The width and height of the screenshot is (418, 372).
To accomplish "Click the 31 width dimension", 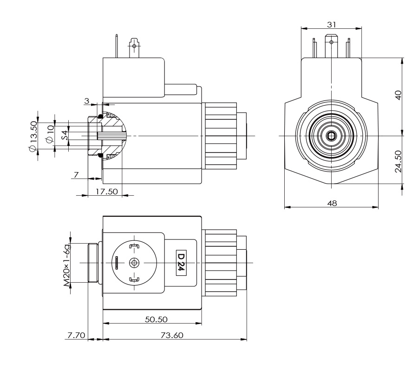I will coord(331,24).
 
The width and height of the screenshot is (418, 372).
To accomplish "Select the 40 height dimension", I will coord(398,96).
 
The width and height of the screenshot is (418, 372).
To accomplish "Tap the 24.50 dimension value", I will coord(398,160).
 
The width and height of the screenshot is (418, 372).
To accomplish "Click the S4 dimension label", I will coord(65,135).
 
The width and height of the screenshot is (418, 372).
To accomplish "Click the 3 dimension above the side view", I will coord(86,101).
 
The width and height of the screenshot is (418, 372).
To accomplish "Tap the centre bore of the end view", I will coord(331,136).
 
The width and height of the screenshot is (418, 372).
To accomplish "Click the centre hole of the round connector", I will coord(135,263).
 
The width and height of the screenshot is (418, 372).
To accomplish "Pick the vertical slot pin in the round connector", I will coord(117,263).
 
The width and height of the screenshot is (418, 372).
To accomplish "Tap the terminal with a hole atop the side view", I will coord(135,46).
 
